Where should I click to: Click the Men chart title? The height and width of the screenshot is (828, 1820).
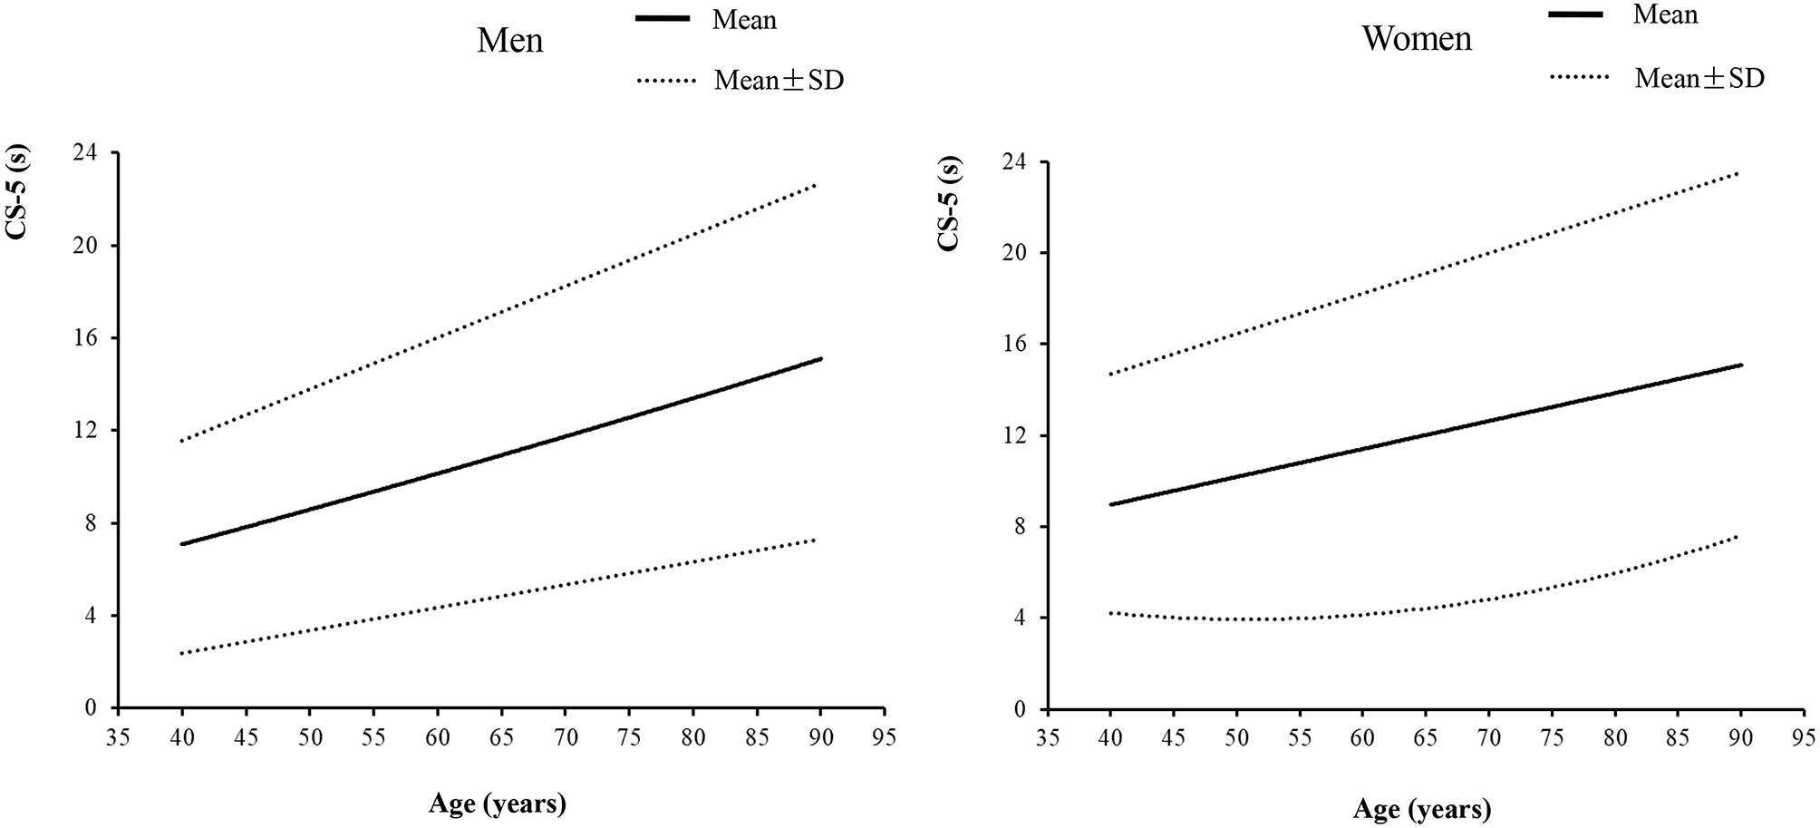[510, 41]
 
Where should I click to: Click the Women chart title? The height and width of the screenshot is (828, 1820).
[1417, 39]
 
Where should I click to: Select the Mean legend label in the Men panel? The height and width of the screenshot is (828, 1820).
[743, 19]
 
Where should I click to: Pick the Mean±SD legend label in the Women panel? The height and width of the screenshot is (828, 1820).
[1699, 79]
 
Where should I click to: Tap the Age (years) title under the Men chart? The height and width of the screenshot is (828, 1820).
[498, 804]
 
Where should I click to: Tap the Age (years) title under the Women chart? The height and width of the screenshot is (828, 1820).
[1421, 808]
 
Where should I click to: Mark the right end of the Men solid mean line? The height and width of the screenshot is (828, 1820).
[820, 359]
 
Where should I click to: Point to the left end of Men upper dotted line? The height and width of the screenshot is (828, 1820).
[182, 442]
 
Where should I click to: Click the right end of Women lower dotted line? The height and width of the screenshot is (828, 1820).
[1739, 536]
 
